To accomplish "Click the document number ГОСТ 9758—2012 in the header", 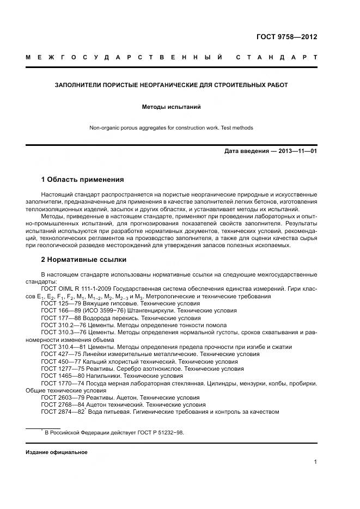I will (x=286, y=38).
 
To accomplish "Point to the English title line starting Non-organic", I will (x=172, y=128).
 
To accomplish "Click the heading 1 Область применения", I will (x=82, y=180).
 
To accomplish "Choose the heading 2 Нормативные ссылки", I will (x=83, y=259).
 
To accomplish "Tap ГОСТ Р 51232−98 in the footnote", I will (x=161, y=432).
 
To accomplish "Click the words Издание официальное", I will (x=57, y=452).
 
